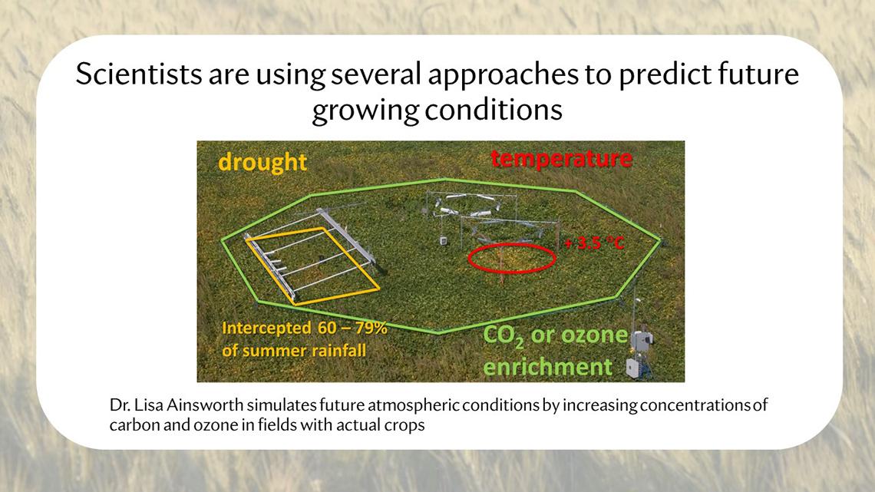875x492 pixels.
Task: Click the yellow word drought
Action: pyautogui.click(x=262, y=162)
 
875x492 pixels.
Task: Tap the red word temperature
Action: pyautogui.click(x=561, y=159)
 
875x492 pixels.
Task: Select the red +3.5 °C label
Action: pyautogui.click(x=593, y=243)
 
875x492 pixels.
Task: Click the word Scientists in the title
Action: pyautogui.click(x=139, y=74)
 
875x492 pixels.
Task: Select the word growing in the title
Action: pyautogui.click(x=365, y=111)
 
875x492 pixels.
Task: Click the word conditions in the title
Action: pyautogui.click(x=494, y=110)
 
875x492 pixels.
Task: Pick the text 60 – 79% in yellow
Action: pyautogui.click(x=352, y=328)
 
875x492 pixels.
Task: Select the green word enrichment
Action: pyautogui.click(x=547, y=367)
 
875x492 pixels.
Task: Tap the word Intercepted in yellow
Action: pyautogui.click(x=266, y=328)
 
